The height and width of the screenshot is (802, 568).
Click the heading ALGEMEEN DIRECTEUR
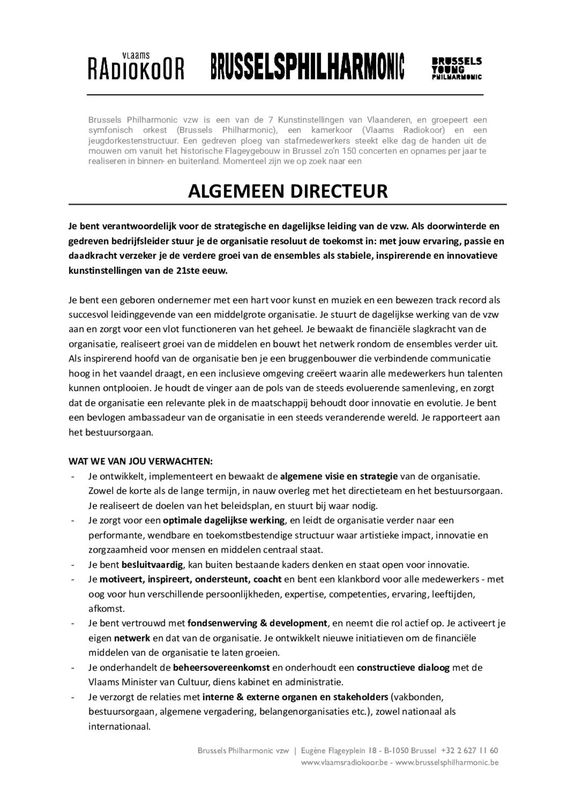[287, 191]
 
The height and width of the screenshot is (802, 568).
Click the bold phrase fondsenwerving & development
[257, 623]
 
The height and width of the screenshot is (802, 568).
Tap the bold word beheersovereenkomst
[221, 667]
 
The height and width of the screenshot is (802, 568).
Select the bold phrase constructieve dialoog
[403, 667]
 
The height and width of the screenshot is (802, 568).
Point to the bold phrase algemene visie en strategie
[339, 476]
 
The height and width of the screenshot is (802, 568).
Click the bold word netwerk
[132, 638]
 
